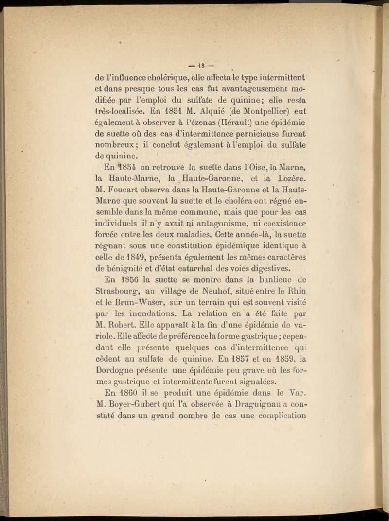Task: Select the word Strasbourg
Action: (x=119, y=291)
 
